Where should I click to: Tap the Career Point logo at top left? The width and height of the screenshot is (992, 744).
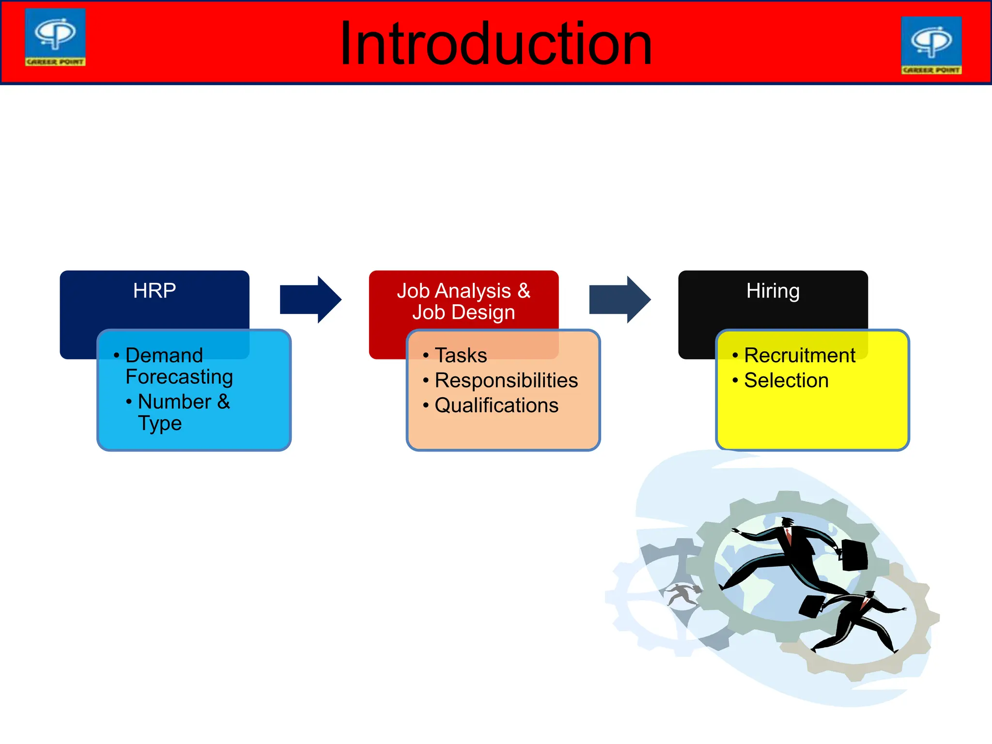[x=55, y=37]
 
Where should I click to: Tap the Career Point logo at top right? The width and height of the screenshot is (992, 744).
[x=931, y=45]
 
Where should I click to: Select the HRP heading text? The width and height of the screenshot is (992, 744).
[x=155, y=291]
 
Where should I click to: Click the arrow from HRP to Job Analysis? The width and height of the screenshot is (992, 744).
[x=310, y=299]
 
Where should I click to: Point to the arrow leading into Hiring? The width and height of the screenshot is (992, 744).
[x=620, y=299]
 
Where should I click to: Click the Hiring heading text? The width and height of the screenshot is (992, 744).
[x=773, y=291]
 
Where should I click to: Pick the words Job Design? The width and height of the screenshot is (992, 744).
[x=464, y=312]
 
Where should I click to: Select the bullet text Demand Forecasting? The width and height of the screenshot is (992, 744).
[x=178, y=366]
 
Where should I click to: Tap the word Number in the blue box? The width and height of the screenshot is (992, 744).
[x=174, y=402]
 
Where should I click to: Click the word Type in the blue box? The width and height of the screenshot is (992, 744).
[x=160, y=423]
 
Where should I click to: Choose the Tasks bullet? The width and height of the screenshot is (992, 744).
[x=461, y=356]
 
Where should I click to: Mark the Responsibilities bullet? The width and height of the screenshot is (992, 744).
[x=506, y=380]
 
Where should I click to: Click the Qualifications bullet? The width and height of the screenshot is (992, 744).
[x=496, y=405]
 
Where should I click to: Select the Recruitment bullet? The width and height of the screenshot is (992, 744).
[x=799, y=356]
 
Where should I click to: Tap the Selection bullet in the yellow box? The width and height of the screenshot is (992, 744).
[x=786, y=380]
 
